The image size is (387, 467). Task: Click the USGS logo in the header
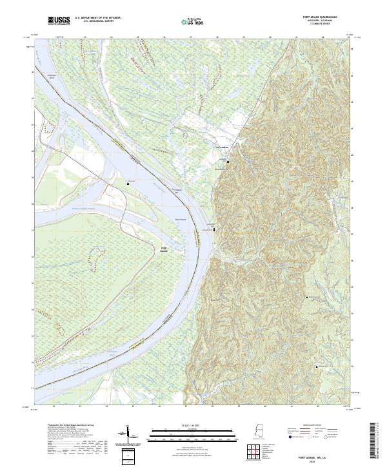coord(59,21)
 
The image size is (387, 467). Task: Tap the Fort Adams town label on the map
coord(222,146)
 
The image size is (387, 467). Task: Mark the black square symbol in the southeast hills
coord(317,366)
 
